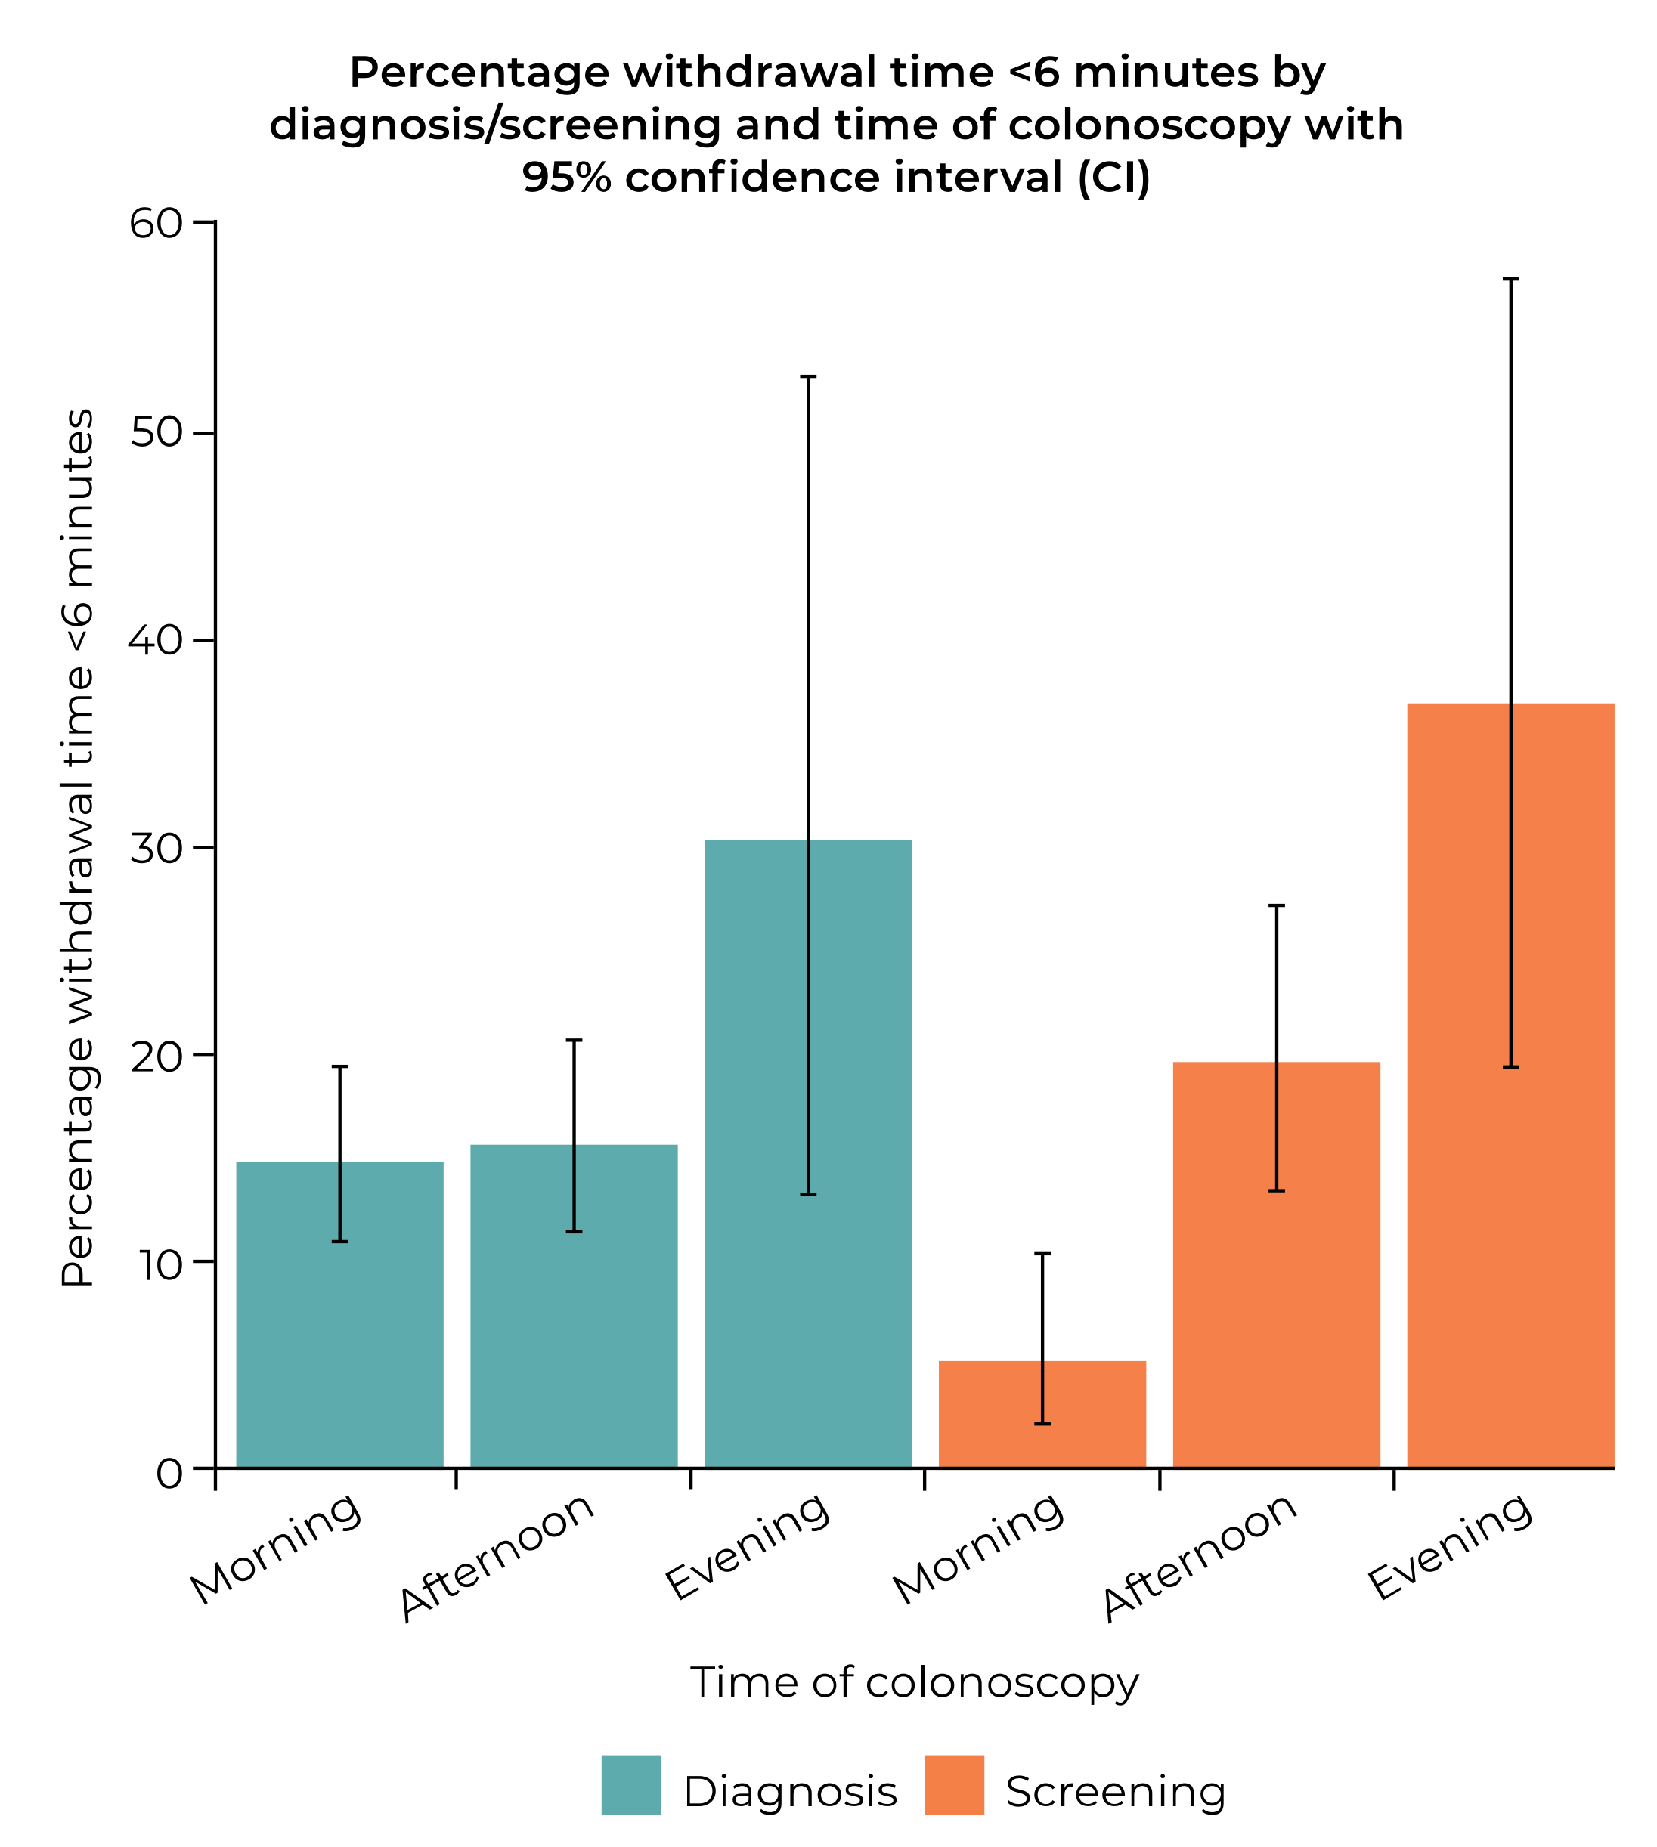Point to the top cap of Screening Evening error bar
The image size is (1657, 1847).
pyautogui.click(x=1510, y=280)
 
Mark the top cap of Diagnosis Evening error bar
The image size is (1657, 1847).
pyautogui.click(x=807, y=376)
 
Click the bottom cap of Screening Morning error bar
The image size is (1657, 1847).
pyautogui.click(x=1042, y=1424)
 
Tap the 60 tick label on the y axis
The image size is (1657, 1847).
pyautogui.click(x=156, y=223)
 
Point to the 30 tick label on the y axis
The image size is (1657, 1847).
pyautogui.click(x=156, y=847)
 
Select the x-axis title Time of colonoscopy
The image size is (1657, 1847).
pyautogui.click(x=914, y=1682)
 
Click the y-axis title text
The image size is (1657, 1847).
pyautogui.click(x=77, y=847)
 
